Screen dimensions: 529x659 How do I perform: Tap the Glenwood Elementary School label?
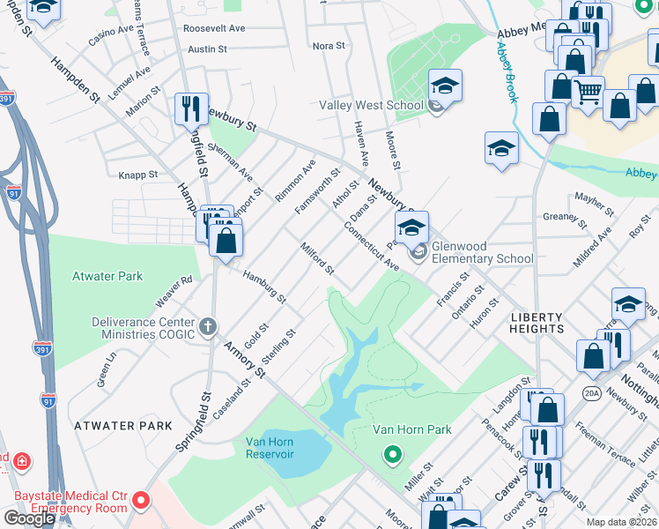coord(484,258)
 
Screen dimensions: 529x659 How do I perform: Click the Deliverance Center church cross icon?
coord(208,328)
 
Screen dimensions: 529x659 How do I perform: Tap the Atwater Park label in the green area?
coord(107,276)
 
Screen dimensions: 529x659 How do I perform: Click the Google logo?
coord(29,518)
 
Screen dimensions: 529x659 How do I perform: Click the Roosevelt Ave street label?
coord(214,28)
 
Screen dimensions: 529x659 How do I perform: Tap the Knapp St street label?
coord(139,175)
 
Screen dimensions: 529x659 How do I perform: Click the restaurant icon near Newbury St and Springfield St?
coord(191,108)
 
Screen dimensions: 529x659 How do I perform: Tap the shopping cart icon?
coord(588,90)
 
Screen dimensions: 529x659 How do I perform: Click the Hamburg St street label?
coord(264,287)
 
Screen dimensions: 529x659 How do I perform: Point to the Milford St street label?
coord(317,257)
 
